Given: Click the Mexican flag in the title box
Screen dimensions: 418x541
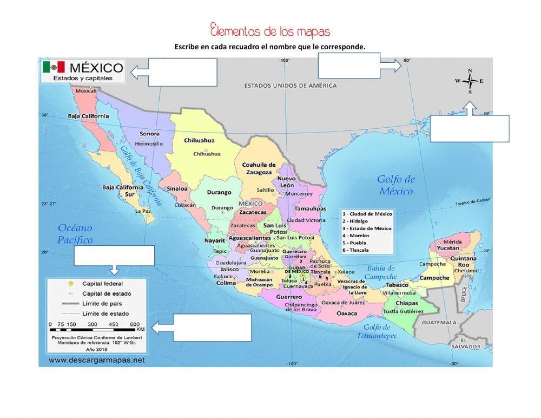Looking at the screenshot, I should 54,67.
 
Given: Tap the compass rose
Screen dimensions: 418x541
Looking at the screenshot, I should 470,81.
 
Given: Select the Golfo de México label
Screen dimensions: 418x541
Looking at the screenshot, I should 396,185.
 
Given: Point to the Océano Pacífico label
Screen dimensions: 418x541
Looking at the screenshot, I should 75,234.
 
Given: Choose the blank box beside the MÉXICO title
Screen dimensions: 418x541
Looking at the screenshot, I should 183,72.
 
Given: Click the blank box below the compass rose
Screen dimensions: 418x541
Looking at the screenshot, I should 470,128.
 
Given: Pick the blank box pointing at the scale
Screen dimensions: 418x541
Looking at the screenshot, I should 212,328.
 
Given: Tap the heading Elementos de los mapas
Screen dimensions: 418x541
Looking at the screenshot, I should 269,30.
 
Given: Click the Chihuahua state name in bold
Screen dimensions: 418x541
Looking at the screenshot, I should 199,140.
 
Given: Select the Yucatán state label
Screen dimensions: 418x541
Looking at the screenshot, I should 448,248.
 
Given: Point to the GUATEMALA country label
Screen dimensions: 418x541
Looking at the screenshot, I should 439,322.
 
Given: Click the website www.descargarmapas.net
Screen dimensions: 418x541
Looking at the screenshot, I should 97,360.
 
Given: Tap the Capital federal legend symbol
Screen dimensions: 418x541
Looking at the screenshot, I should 70,284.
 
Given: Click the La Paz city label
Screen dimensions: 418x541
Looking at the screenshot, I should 143,211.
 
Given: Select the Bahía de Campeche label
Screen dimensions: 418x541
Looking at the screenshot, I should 381,272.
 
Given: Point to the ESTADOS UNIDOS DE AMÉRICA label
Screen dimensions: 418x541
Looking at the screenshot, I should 290,86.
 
